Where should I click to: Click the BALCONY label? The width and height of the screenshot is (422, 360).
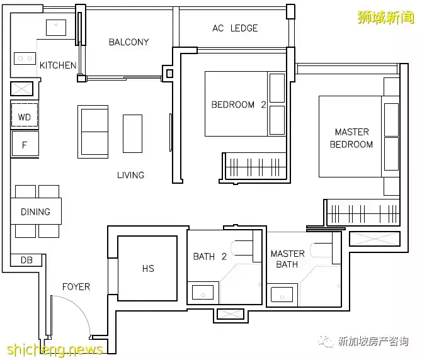click(128, 42)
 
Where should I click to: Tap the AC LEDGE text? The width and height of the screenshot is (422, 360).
click(235, 28)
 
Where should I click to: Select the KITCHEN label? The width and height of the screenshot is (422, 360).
click(58, 65)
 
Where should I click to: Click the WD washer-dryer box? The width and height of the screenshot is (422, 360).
click(25, 115)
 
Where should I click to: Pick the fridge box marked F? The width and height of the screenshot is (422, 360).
click(25, 143)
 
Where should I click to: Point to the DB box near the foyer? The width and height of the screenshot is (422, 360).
click(26, 260)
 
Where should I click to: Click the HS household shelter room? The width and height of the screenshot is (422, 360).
click(147, 268)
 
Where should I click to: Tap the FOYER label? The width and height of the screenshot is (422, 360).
click(76, 287)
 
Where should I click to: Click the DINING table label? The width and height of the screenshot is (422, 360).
click(35, 212)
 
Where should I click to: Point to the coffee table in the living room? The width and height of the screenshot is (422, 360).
click(133, 133)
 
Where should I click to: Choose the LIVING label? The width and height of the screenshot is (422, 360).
click(131, 176)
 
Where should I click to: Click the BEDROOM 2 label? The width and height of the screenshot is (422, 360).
click(239, 104)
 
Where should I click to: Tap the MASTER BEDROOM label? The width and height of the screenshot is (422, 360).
click(351, 138)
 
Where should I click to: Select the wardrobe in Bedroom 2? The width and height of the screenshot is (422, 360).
click(255, 167)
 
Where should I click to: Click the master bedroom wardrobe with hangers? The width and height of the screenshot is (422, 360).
click(363, 213)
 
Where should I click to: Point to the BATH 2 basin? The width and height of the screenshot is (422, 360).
click(203, 292)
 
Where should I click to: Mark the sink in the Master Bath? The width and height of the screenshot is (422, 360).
click(282, 294)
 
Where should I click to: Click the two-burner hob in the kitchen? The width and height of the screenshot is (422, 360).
click(25, 59)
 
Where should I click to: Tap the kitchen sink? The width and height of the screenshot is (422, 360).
click(56, 28)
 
